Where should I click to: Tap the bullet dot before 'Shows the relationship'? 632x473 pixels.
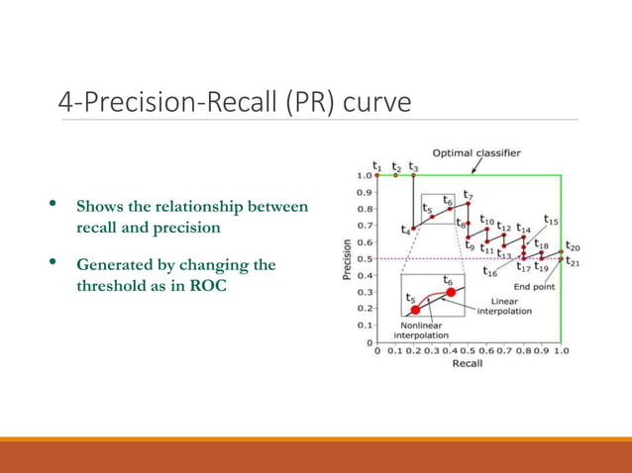pyautogui.click(x=54, y=207)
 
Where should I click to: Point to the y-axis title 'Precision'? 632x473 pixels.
pyautogui.click(x=347, y=259)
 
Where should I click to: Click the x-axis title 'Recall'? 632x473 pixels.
pyautogui.click(x=467, y=363)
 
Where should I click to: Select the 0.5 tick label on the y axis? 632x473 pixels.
pyautogui.click(x=365, y=259)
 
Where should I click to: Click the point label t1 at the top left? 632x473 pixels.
pyautogui.click(x=376, y=166)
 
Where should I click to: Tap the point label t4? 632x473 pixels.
pyautogui.click(x=406, y=230)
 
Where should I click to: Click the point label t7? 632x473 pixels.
pyautogui.click(x=468, y=196)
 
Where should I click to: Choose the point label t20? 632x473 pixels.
pyautogui.click(x=573, y=246)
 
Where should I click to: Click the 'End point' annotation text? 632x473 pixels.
pyautogui.click(x=533, y=287)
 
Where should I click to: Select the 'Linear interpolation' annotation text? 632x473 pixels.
pyautogui.click(x=504, y=306)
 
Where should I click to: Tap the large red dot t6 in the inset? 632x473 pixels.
pyautogui.click(x=452, y=293)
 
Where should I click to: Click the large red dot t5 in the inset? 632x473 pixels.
pyautogui.click(x=415, y=310)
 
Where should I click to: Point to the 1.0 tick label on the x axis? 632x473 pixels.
pyautogui.click(x=561, y=350)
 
